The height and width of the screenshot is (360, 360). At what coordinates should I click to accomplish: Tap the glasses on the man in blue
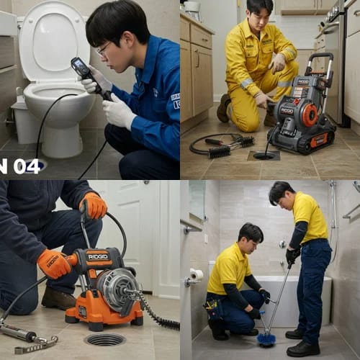(103, 49)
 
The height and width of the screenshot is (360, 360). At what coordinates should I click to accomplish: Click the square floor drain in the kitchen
(264, 155)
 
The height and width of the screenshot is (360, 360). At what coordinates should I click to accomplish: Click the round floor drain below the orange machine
(104, 338)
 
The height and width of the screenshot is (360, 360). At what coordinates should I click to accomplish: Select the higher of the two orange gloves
(94, 206)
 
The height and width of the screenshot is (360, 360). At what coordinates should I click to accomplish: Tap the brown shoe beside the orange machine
(58, 298)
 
